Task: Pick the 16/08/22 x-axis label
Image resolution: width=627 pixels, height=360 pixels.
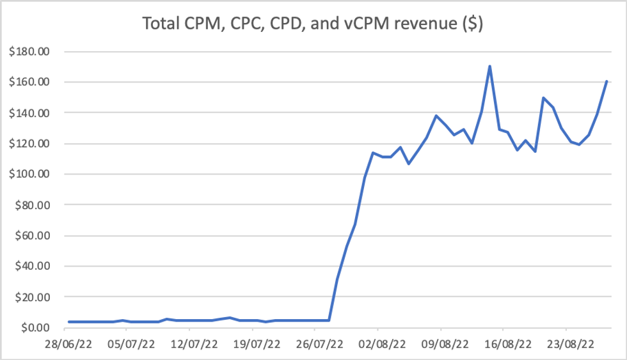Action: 504,344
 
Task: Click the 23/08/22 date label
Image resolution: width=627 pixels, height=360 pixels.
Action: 566,344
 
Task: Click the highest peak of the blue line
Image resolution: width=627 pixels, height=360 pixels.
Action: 489,66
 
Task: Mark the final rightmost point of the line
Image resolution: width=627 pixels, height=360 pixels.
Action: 606,82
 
